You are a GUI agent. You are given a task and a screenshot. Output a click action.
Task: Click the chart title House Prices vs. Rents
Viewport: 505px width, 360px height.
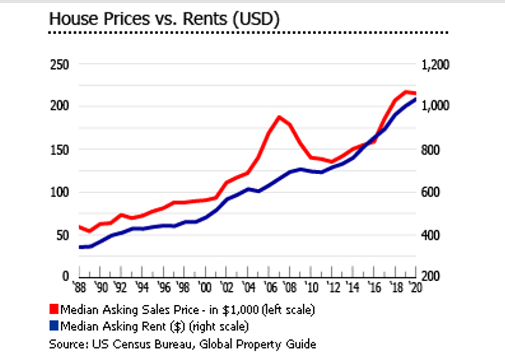[164, 19]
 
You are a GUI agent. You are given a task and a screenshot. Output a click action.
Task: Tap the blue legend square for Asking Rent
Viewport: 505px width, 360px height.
[54, 326]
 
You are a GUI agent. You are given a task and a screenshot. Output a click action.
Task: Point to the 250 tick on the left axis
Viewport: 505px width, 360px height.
[59, 65]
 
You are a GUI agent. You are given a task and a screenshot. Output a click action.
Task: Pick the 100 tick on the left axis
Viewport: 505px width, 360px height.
[59, 192]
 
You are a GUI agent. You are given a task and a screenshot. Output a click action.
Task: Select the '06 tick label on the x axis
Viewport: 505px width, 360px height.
[269, 289]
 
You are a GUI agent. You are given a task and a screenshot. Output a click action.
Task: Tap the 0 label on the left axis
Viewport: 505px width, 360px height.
[65, 276]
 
